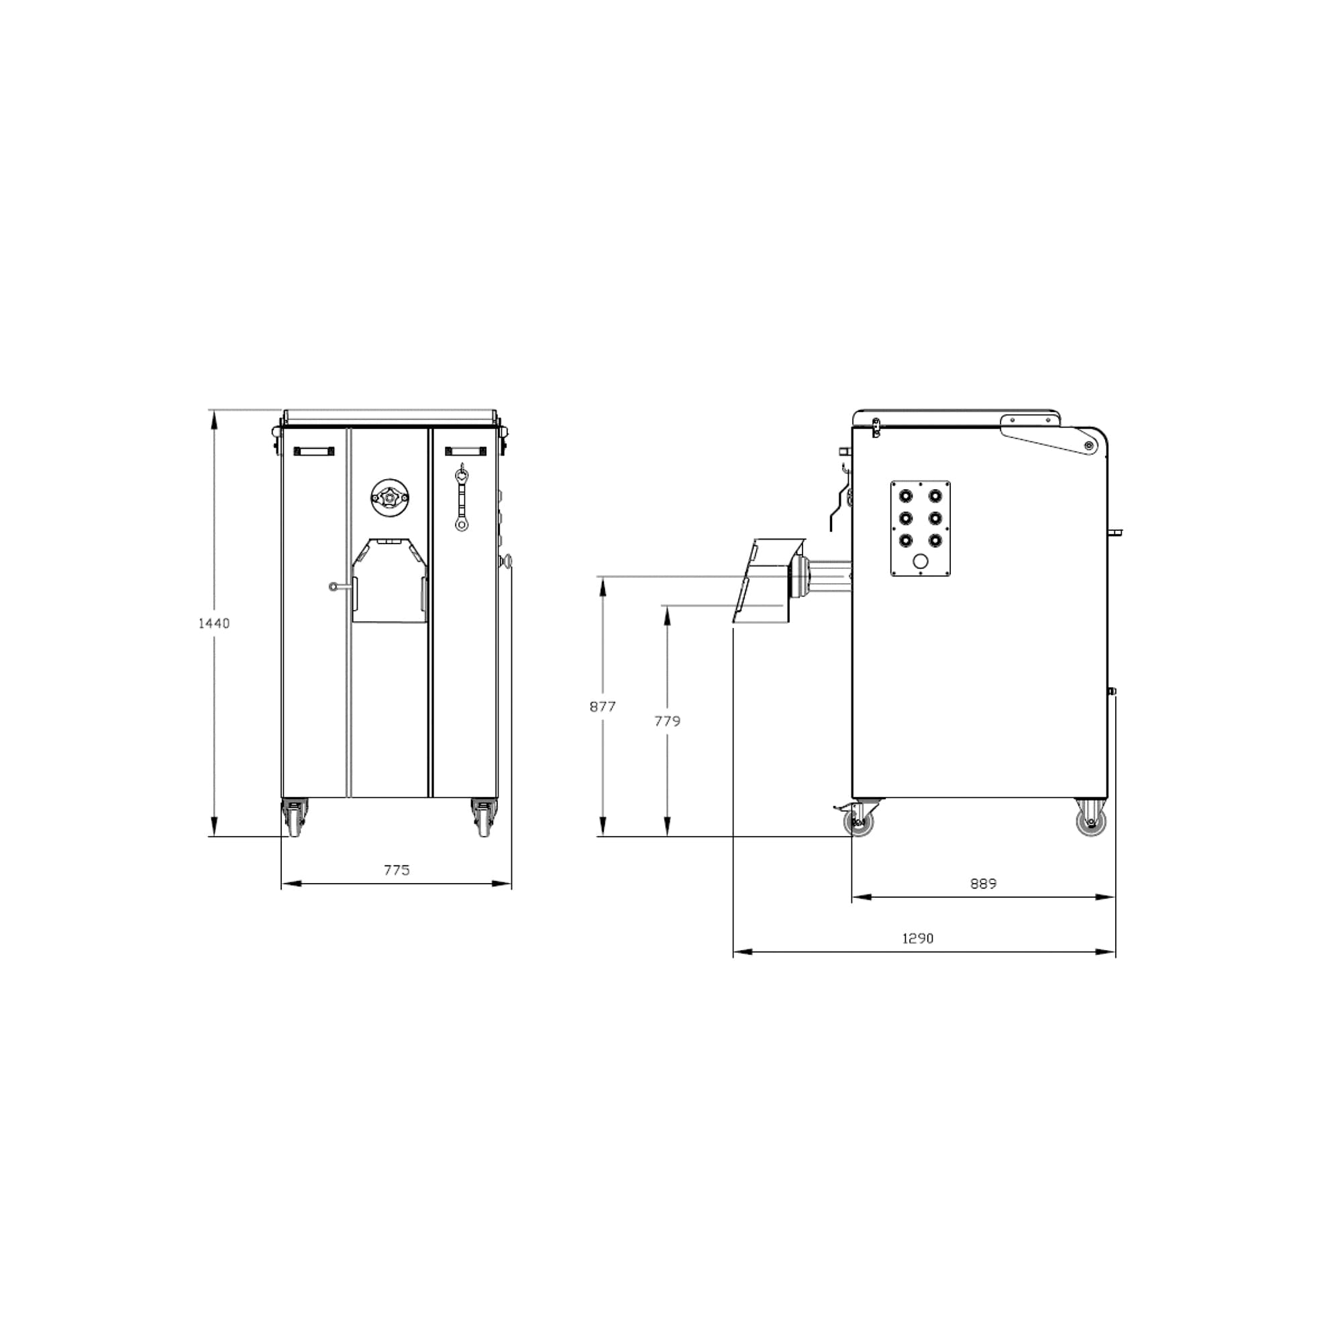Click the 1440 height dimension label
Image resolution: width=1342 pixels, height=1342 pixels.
coord(214,623)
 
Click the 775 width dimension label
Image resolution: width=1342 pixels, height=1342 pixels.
coord(397,870)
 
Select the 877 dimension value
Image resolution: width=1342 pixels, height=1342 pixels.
coord(603,707)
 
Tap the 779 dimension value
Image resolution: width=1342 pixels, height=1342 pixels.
coord(667,721)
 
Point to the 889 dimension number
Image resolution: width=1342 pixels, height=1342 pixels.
coord(983,884)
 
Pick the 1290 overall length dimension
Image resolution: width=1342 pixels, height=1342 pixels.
coord(917,938)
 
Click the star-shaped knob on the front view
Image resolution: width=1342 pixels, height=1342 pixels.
coord(389,497)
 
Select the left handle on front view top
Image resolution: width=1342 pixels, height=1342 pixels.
coord(313,451)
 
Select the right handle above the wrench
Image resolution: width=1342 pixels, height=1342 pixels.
coord(466,451)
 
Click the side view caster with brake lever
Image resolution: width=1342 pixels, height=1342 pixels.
coord(860,821)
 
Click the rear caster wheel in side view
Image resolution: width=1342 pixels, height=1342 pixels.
coord(1090,821)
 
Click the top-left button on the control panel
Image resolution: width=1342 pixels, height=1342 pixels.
coord(906,496)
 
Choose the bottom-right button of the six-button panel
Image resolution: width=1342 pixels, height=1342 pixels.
coord(935,539)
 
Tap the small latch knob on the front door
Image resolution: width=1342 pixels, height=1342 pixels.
coord(333,586)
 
